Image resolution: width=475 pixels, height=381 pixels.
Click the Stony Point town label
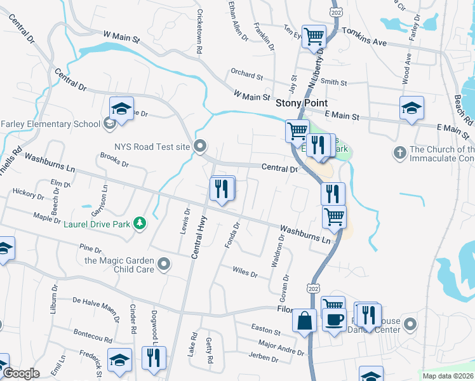pyautogui.click(x=302, y=102)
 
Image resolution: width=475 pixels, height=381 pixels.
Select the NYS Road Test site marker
pyautogui.click(x=200, y=147)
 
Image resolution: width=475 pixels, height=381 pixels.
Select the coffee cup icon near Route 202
pyautogui.click(x=334, y=321)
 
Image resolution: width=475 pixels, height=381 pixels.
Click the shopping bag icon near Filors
pyautogui.click(x=305, y=320)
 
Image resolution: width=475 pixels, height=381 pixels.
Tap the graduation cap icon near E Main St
pyautogui.click(x=411, y=108)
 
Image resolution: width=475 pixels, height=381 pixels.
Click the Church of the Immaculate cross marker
pyautogui.click(x=399, y=152)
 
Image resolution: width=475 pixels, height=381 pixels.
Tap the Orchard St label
pyautogui.click(x=247, y=76)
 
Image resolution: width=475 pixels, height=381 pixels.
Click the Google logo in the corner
pyautogui.click(x=20, y=374)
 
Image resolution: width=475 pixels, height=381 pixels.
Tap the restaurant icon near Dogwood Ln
pyautogui.click(x=154, y=358)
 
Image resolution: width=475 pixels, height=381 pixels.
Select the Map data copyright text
pyautogui.click(x=448, y=376)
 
